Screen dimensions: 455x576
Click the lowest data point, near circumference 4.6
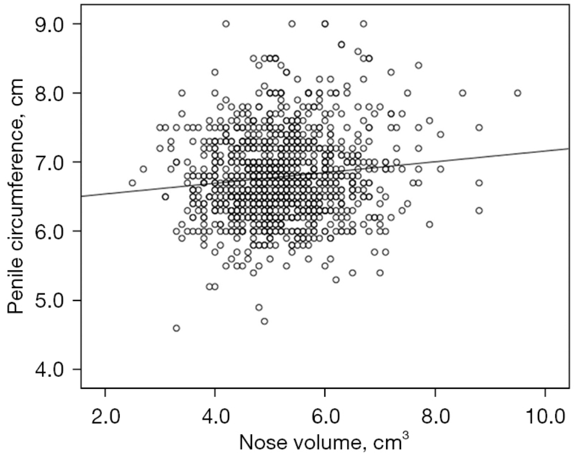(176, 328)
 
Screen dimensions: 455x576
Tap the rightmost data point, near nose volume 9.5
(517, 93)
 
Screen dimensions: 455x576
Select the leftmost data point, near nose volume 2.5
(132, 183)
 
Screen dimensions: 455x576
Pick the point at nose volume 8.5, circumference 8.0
(462, 93)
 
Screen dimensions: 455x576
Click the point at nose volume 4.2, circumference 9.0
(226, 24)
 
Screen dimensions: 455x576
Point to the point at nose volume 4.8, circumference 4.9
(259, 307)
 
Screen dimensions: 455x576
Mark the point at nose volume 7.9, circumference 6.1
(429, 224)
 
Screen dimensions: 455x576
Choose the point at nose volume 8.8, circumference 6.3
(479, 211)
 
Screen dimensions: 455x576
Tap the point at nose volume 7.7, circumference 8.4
(418, 66)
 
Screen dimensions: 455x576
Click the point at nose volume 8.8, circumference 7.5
(479, 128)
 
